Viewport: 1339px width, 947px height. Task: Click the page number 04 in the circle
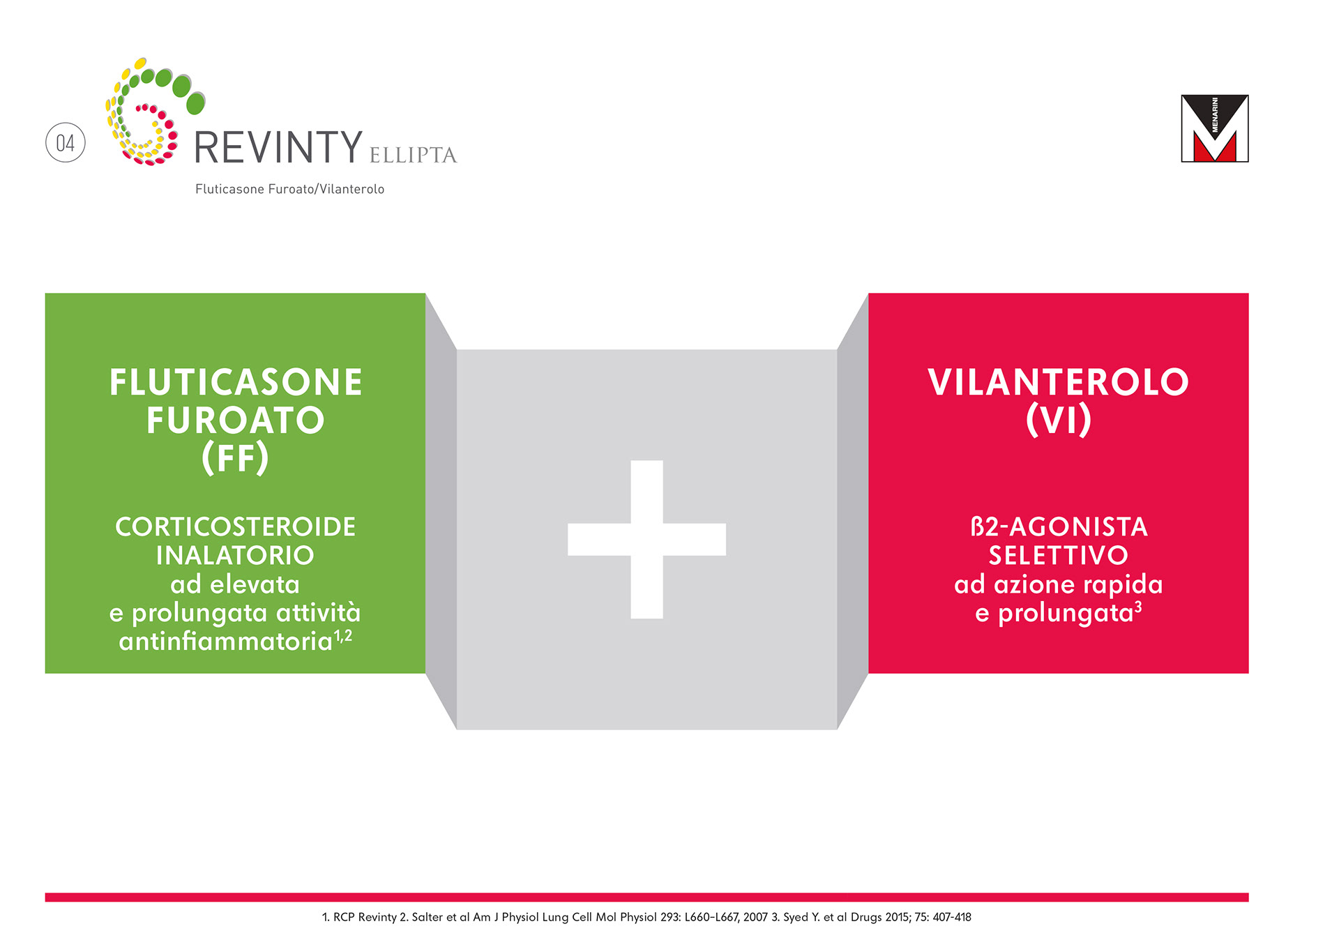65,143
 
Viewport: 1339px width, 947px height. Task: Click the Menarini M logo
1214,128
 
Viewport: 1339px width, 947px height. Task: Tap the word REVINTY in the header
278,147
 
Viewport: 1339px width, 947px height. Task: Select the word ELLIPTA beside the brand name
413,155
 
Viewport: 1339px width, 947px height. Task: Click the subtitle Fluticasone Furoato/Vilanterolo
289,189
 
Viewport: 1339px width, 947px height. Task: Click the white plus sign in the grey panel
646,539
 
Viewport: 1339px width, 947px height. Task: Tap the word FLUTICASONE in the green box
236,382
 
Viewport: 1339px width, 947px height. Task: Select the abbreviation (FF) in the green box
235,458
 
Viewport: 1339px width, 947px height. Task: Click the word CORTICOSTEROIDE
235,526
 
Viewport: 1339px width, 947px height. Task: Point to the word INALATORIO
235,555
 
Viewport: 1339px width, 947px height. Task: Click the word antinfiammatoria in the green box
225,641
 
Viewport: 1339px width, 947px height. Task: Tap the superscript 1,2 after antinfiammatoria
343,635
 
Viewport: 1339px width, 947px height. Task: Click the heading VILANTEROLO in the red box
1058,382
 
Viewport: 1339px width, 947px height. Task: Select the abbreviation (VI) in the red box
1058,420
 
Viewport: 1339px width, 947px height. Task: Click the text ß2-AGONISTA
1059,526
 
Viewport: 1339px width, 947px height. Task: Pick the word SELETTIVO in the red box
1058,555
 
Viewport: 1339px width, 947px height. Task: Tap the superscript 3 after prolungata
1138,607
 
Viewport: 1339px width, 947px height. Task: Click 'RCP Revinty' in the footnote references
365,917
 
